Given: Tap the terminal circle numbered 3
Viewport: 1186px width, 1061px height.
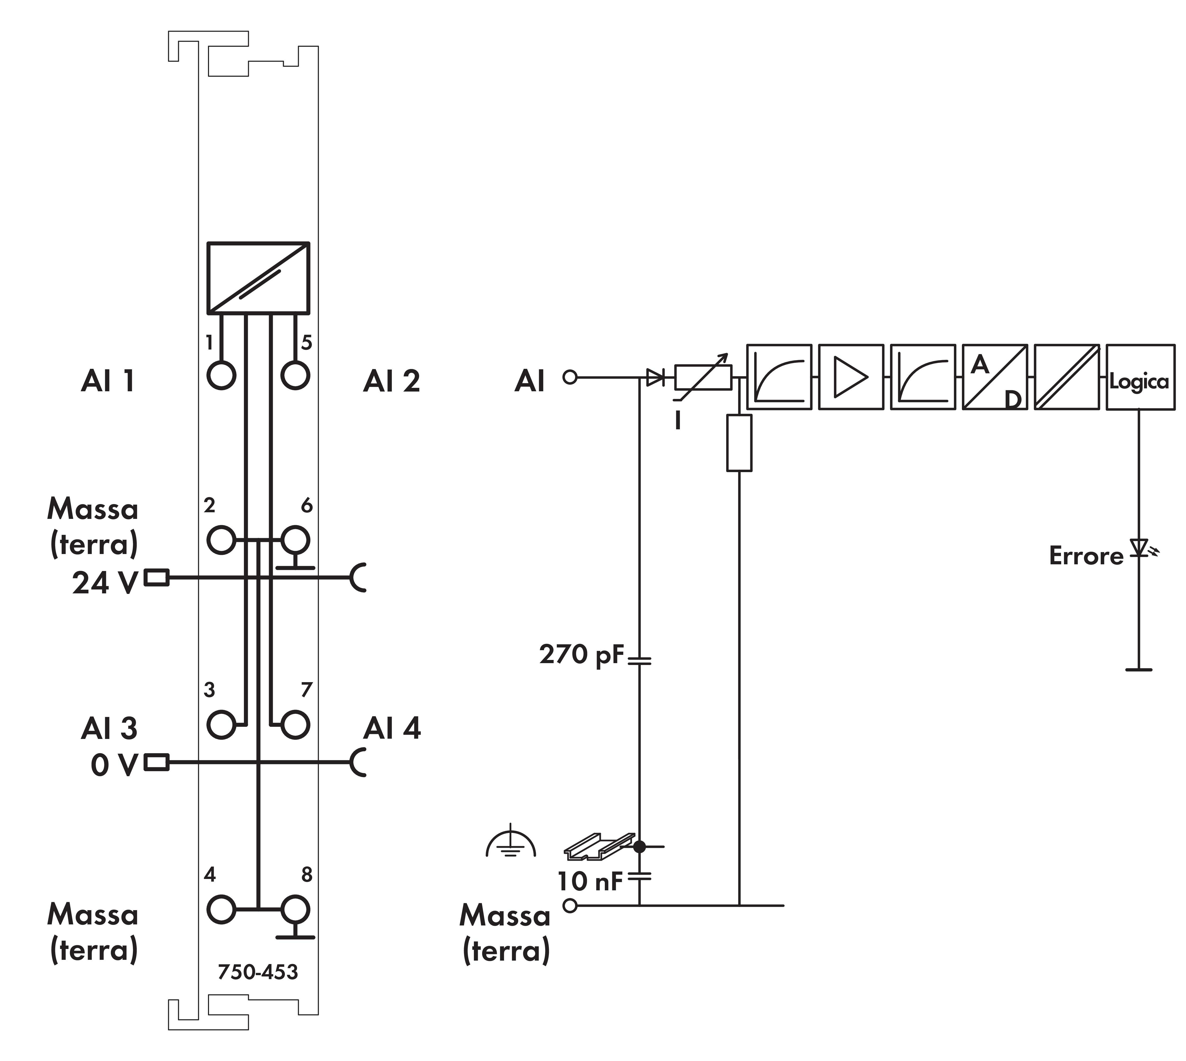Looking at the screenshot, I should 221,725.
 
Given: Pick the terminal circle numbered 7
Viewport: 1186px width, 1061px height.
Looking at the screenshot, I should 295,725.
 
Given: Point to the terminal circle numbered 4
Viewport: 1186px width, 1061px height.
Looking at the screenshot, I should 221,909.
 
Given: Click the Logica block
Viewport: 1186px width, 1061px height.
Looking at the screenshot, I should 1140,377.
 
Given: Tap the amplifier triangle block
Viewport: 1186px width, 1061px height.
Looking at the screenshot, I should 851,377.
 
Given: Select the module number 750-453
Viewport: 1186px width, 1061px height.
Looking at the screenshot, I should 258,972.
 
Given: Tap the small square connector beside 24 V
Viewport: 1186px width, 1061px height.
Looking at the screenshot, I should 156,578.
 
